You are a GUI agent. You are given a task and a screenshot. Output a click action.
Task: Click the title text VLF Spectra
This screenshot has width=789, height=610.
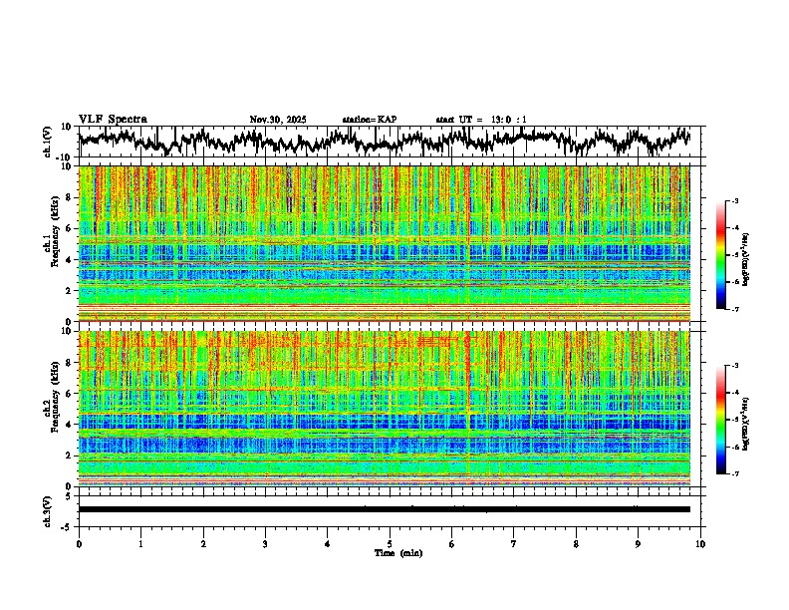point(113,120)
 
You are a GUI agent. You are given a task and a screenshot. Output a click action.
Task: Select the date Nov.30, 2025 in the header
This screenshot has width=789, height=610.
point(278,120)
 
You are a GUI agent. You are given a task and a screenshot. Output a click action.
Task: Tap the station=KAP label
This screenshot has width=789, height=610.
point(369,120)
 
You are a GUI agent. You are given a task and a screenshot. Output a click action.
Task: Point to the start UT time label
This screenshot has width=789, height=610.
point(481,120)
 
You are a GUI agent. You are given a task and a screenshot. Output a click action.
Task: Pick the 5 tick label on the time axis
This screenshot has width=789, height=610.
point(390,543)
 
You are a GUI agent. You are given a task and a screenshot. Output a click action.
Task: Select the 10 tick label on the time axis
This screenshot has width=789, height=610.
point(700,543)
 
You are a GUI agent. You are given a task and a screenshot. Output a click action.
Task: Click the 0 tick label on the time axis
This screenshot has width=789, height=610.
point(79,543)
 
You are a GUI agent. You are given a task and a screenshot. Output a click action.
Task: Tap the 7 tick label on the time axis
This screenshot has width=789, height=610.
point(514,543)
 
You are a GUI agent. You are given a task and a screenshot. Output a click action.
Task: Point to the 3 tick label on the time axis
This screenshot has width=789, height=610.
point(265,543)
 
